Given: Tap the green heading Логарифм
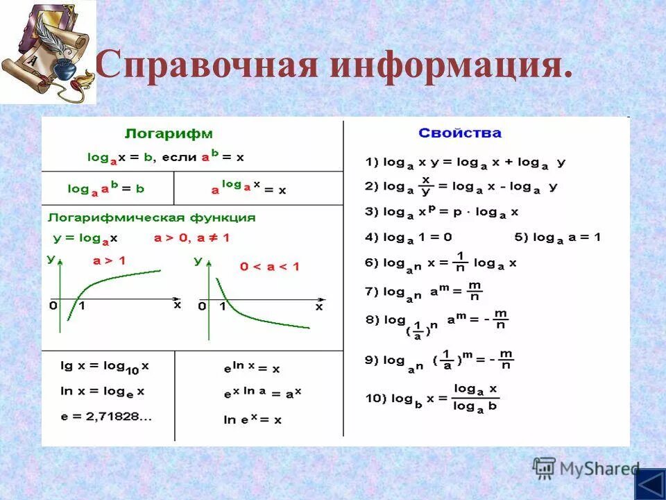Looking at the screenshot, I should click(169, 133).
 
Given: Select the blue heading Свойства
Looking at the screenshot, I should click(459, 133).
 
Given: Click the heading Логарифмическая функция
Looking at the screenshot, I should click(151, 217).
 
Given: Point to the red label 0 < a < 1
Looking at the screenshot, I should click(269, 266).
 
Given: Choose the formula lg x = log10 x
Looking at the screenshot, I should click(105, 365).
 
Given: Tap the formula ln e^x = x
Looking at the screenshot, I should click(253, 419).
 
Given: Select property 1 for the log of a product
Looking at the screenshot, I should click(466, 162).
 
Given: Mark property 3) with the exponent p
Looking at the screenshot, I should click(442, 212).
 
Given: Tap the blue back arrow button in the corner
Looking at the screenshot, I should click(650, 483).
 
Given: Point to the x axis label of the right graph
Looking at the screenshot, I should click(319, 306).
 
